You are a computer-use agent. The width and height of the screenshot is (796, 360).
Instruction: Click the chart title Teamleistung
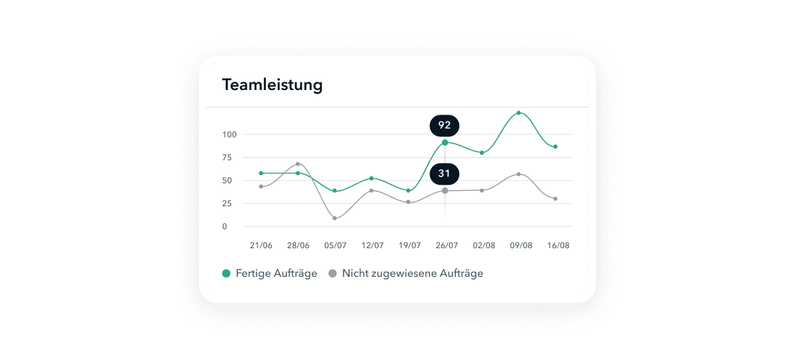coord(272,85)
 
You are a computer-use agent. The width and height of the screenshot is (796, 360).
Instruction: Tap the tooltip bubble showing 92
coord(444,125)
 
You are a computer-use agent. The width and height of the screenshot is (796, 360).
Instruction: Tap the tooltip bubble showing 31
coord(444,174)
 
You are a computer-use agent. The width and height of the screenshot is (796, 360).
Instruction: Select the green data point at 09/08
coord(519,112)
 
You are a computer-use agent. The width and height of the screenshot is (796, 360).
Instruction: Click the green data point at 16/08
coord(555,147)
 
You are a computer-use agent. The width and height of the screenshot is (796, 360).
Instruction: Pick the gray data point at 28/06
coord(298,164)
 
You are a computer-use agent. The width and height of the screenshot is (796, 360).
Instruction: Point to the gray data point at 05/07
coord(335,218)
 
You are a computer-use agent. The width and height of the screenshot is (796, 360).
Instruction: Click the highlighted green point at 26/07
coord(445,142)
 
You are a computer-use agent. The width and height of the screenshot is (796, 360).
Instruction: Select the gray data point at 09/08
coord(519,175)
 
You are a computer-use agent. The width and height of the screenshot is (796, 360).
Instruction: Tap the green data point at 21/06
coord(261,173)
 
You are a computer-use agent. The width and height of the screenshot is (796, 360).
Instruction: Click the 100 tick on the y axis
coord(229,134)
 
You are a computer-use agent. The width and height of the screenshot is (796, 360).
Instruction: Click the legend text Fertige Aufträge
coord(276,273)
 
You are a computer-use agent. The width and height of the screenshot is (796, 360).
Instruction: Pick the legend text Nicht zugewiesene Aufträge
coord(412,273)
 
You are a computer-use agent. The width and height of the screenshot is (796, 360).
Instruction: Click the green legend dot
coord(226,273)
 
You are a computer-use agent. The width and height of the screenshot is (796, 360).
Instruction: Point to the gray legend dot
coord(333,273)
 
